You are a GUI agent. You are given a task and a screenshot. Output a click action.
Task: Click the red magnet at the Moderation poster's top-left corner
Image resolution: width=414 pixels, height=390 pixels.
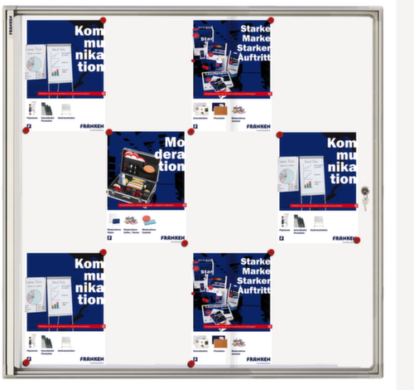[x=108, y=132]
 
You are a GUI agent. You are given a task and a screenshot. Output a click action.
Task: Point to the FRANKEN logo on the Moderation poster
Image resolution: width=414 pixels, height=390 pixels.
[x=172, y=237]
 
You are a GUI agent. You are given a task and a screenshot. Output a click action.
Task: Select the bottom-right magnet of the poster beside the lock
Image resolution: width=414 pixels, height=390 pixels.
[x=357, y=240]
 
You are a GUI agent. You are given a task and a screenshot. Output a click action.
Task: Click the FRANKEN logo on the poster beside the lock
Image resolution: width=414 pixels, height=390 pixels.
[x=343, y=237]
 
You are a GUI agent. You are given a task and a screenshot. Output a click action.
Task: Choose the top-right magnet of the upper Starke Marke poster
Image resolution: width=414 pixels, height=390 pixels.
[x=270, y=20]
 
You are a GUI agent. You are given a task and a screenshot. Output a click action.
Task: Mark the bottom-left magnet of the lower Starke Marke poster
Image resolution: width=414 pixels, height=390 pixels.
[x=191, y=363]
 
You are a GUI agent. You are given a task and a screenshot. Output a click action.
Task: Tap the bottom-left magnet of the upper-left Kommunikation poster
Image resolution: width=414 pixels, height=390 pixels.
[x=26, y=130]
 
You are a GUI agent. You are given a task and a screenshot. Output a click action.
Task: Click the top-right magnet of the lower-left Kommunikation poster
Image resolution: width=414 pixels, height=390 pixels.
[x=103, y=252]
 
